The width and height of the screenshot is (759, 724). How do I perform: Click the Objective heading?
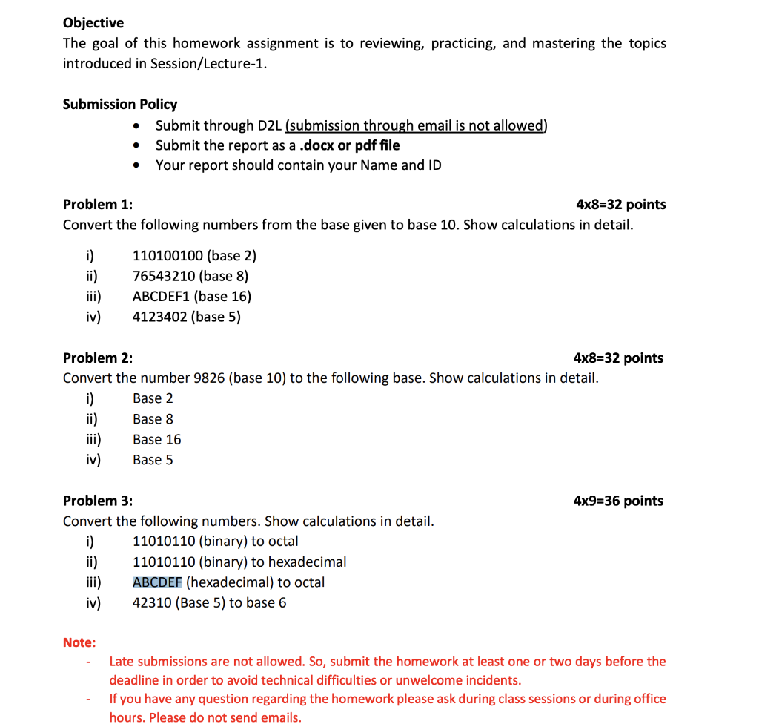93,23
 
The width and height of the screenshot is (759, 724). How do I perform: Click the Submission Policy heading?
120,104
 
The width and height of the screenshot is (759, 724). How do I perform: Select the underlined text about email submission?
416,125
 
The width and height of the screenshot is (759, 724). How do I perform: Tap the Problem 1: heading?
98,204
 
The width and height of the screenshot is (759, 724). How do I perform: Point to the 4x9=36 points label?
618,501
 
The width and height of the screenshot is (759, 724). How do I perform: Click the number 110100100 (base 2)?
194,256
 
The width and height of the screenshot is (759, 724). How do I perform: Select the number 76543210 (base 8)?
190,276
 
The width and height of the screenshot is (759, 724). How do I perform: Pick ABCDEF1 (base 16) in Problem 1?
192,297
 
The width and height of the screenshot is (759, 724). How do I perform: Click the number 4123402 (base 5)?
187,317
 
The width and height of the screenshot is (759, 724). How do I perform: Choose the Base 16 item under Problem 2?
157,439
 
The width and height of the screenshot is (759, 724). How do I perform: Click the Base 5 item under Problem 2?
153,460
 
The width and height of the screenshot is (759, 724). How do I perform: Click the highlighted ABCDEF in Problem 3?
157,582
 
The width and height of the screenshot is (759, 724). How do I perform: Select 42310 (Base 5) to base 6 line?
209,602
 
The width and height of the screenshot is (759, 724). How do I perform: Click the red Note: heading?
79,642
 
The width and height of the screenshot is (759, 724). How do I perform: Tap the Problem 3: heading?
98,501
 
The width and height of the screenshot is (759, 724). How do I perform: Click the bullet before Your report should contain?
136,165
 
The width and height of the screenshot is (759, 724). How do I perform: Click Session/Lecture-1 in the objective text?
207,64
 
